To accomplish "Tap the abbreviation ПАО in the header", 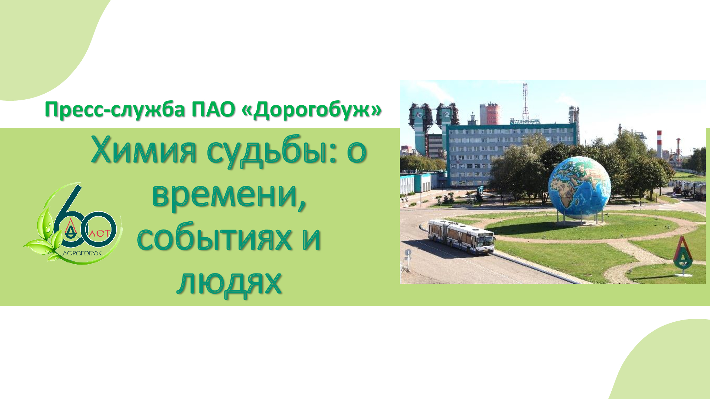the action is click(x=213, y=109).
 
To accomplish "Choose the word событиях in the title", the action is click(x=214, y=238).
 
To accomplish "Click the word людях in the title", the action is click(x=229, y=283).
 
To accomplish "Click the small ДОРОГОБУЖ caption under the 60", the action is click(x=82, y=253).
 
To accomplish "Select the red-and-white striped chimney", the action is click(x=659, y=144).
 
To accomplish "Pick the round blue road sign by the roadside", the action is click(x=408, y=253).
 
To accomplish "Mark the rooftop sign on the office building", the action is click(x=525, y=122).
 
